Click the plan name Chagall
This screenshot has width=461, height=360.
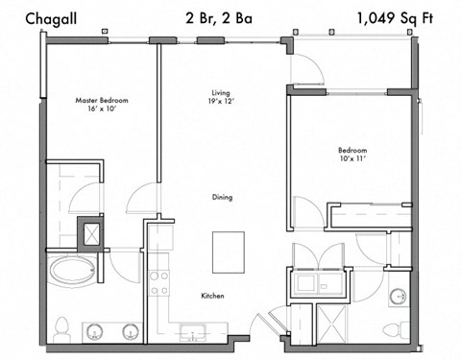[x=43, y=17]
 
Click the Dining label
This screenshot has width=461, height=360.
[x=222, y=197]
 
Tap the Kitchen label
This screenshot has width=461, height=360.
[x=213, y=296]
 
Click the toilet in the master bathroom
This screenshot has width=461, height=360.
[x=61, y=329]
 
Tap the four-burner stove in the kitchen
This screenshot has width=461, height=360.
[x=159, y=280]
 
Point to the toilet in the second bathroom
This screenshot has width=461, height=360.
[x=392, y=329]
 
